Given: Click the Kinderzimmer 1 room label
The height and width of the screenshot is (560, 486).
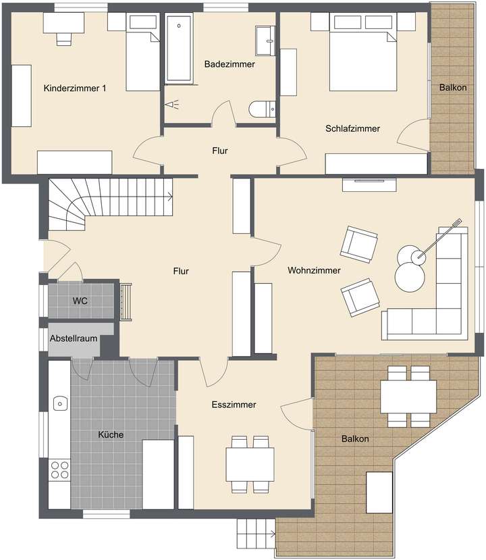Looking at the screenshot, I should (x=74, y=88).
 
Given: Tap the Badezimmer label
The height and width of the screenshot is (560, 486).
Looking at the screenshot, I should (x=230, y=64).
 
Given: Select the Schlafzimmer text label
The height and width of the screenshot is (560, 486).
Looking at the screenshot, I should (x=352, y=128).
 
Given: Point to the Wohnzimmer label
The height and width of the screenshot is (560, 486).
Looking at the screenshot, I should (x=314, y=270).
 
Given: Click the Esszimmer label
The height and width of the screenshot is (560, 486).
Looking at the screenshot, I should (x=233, y=405).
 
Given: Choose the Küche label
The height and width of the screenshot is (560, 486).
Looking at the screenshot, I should (x=111, y=435).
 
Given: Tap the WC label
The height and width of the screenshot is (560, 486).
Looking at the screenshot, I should (x=80, y=300).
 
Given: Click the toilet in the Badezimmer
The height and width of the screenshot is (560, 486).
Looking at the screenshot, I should (x=261, y=109).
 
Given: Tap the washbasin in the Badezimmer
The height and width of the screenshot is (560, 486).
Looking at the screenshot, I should (x=265, y=41).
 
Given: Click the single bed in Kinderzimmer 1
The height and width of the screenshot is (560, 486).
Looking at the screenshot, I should (x=142, y=53).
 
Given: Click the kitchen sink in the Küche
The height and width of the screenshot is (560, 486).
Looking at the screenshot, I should (x=59, y=403).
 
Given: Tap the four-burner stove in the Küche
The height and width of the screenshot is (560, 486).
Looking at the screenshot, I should (x=59, y=469).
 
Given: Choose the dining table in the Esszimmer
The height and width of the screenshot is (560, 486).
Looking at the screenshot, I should (x=250, y=464).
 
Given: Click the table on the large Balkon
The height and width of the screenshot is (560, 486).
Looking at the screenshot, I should (x=408, y=397).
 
